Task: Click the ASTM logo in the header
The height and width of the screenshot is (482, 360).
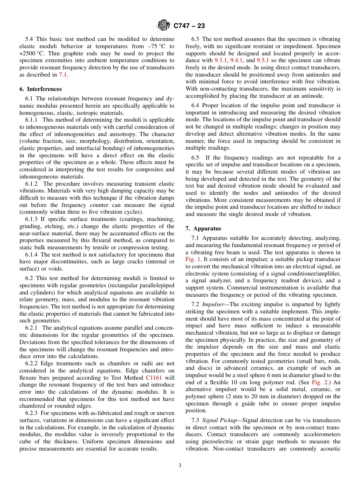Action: pyautogui.click(x=164, y=25)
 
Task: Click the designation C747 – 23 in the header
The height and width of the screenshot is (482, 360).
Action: pyautogui.click(x=189, y=25)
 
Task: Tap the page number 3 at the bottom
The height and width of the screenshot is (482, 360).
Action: pyautogui.click(x=180, y=466)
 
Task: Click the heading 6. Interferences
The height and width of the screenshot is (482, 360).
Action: pyautogui.click(x=41, y=89)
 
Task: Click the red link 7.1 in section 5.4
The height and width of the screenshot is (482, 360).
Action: pyautogui.click(x=63, y=75)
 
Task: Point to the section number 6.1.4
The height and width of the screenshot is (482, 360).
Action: pyautogui.click(x=32, y=255)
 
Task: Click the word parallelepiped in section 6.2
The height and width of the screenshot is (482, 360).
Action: pyautogui.click(x=154, y=285)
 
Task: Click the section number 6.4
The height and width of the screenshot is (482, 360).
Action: pyautogui.click(x=195, y=105)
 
